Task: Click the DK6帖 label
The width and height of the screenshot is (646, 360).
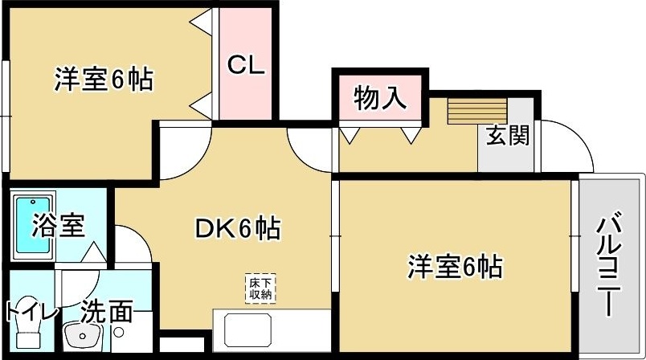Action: click(x=238, y=231)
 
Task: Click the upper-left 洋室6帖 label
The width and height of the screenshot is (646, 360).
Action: click(x=103, y=80)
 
